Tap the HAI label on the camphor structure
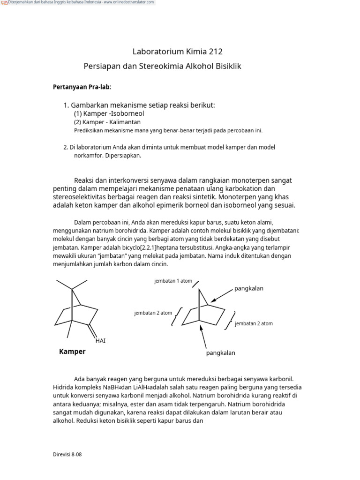click(100, 341)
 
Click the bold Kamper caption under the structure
click(72, 352)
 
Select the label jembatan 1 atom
click(173, 281)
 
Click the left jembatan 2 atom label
click(153, 313)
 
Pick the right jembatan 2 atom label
click(254, 323)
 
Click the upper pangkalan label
click(249, 288)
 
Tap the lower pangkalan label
click(220, 353)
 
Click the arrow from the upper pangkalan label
click(221, 295)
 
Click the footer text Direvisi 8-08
click(67, 454)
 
